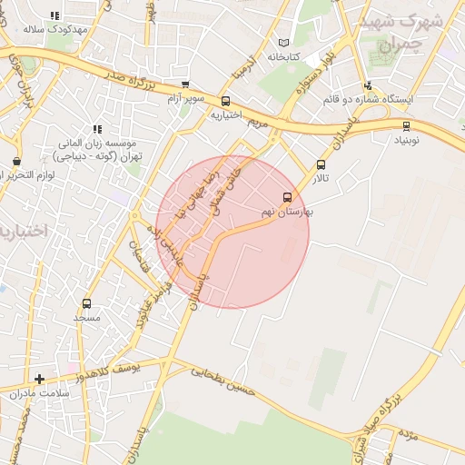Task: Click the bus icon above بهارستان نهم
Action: coord(288,197)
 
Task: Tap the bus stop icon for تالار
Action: coord(321,164)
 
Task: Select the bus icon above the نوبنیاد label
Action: coord(405,126)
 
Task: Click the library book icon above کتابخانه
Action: coord(284,43)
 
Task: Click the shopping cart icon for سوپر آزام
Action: coord(185,85)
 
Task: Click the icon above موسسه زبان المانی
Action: coord(97,130)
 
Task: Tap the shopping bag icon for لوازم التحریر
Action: coord(16,162)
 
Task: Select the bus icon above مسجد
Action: coord(86,303)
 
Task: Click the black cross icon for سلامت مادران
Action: coord(39,378)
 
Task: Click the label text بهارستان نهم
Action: coord(287,211)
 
